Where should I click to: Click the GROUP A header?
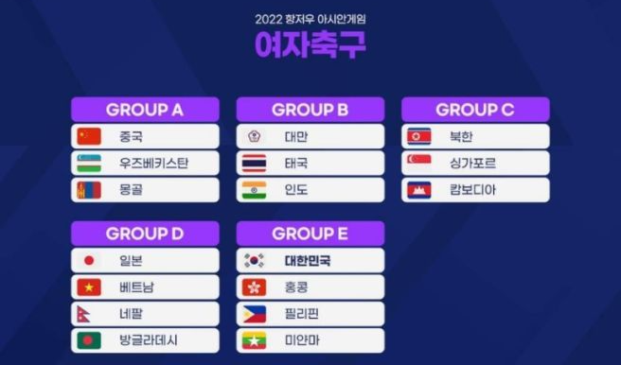[145, 110]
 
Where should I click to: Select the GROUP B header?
[310, 110]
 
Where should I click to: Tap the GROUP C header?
[474, 110]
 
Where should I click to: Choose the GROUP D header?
[145, 234]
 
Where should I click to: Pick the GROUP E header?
[310, 234]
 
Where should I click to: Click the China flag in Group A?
[89, 136]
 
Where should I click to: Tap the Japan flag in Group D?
[89, 261]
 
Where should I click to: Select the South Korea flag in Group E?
[254, 261]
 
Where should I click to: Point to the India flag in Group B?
[254, 190]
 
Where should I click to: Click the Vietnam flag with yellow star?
[89, 287]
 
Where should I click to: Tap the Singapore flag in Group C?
[418, 163]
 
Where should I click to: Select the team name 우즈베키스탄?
[154, 163]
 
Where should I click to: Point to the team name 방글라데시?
[148, 340]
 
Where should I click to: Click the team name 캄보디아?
[472, 190]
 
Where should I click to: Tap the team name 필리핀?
[302, 314]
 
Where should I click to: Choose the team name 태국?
[296, 163]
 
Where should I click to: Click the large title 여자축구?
[310, 44]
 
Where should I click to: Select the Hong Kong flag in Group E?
[254, 287]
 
